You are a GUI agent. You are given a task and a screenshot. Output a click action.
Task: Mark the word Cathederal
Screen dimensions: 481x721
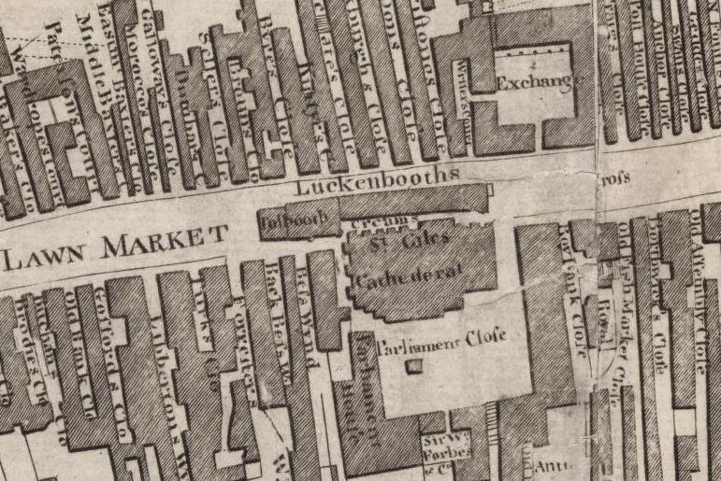[x=411, y=273]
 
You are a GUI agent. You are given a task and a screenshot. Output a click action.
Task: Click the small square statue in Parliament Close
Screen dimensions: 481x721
[x=411, y=369]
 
